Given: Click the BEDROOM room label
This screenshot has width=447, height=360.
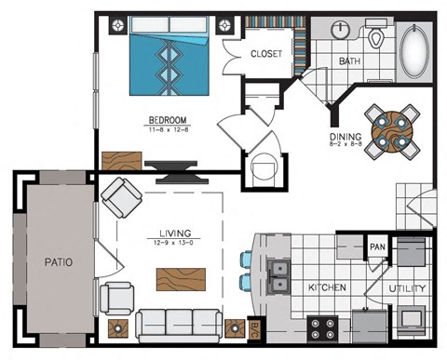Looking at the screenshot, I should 168,120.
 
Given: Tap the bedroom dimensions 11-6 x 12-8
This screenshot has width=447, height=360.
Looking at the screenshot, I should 168,129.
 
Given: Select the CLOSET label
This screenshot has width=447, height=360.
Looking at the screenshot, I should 265,54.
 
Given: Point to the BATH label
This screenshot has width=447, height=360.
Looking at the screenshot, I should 349,62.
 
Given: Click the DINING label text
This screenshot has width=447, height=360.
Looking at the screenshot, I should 345,140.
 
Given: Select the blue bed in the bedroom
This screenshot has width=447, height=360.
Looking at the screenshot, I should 169,61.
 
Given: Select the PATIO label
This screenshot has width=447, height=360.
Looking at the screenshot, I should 58,261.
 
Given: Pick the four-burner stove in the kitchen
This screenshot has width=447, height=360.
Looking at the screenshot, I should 322,329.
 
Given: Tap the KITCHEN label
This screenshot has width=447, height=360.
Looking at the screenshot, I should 327,288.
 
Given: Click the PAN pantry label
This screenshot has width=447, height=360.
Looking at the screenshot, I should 376,247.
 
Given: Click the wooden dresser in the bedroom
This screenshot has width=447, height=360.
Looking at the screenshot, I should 120,158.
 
